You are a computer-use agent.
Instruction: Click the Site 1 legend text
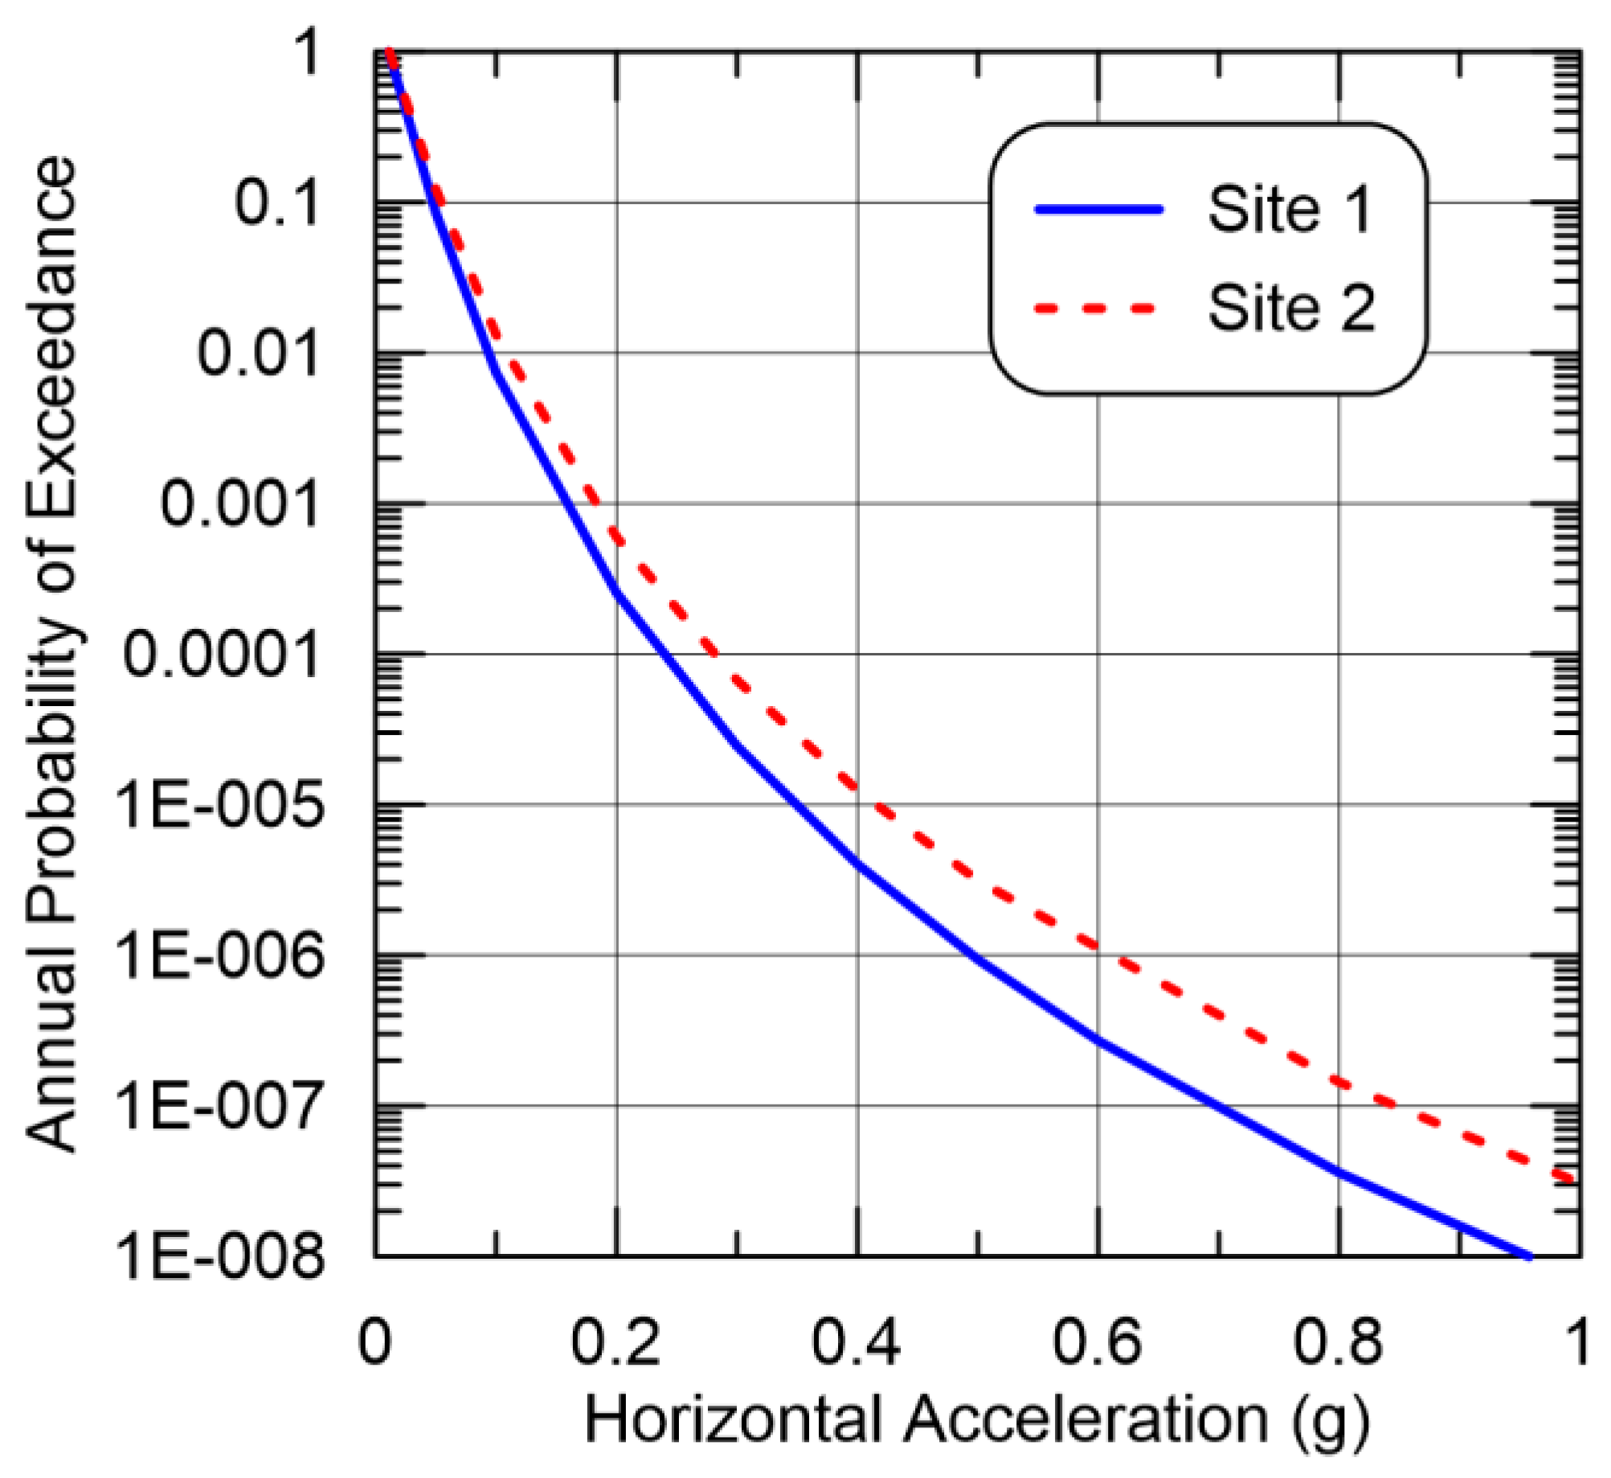(x=1290, y=210)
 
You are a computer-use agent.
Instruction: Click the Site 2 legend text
(x=1292, y=308)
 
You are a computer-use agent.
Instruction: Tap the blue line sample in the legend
(x=1098, y=210)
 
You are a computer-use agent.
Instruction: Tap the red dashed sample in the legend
(x=1095, y=308)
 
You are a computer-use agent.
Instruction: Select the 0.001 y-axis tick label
(x=240, y=504)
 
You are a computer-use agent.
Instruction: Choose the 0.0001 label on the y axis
(x=221, y=655)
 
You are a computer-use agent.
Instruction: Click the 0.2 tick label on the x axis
(x=615, y=1342)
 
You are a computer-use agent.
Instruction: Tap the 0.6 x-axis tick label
(x=1098, y=1342)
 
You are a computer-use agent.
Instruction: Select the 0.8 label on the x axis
(x=1338, y=1342)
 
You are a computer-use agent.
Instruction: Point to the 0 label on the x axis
(x=374, y=1342)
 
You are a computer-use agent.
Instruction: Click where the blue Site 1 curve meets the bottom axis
(x=1528, y=1255)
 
